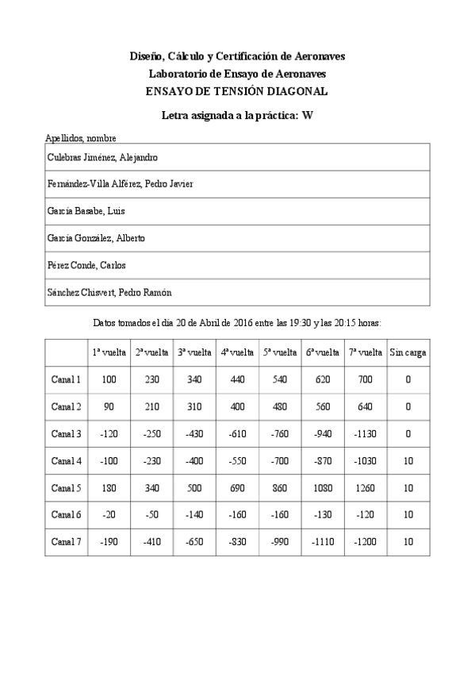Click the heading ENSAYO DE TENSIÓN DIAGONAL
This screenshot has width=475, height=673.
[x=237, y=91]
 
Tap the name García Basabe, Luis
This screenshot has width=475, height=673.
[x=82, y=211]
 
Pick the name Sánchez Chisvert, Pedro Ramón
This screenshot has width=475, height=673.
[x=109, y=292]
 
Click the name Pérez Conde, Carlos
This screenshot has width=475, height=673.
[x=86, y=265]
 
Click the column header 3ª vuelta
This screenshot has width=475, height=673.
[x=193, y=352]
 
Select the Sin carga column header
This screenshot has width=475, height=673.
[x=408, y=352]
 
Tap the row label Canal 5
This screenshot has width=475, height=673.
[x=66, y=487]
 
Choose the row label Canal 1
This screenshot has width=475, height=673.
[x=66, y=379]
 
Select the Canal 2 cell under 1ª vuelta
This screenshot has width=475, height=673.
[x=109, y=406]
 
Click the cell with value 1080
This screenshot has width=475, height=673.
[x=322, y=487]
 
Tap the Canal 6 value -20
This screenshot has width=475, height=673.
[x=109, y=514]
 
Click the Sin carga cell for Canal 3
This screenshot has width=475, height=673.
[x=408, y=433]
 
